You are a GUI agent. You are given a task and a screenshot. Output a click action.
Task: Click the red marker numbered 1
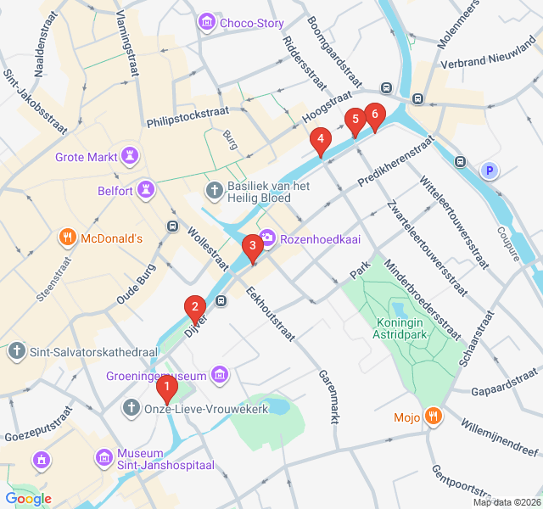click(166, 389)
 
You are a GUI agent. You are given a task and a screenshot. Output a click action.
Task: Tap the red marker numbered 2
click(195, 307)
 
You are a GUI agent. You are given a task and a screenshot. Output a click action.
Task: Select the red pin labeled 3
click(251, 247)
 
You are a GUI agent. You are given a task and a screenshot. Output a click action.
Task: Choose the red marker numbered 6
click(374, 115)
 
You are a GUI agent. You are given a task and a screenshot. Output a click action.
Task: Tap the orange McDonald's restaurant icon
click(67, 238)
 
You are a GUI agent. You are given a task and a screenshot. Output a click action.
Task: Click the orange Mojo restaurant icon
click(434, 417)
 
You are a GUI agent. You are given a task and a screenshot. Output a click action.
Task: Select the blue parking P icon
click(489, 171)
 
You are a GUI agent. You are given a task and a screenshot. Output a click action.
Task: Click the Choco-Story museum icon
click(206, 23)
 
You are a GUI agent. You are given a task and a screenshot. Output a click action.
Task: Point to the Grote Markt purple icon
click(129, 156)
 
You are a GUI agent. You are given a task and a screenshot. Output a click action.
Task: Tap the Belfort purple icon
click(147, 191)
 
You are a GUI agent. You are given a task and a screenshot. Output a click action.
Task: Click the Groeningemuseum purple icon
click(221, 375)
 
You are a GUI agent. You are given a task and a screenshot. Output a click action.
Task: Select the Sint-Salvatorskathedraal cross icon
click(16, 350)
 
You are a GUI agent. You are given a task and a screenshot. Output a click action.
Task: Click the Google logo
click(28, 499)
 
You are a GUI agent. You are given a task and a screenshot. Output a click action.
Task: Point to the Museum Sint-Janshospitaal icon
click(104, 459)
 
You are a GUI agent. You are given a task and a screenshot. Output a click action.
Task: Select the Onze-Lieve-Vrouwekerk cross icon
click(132, 409)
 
